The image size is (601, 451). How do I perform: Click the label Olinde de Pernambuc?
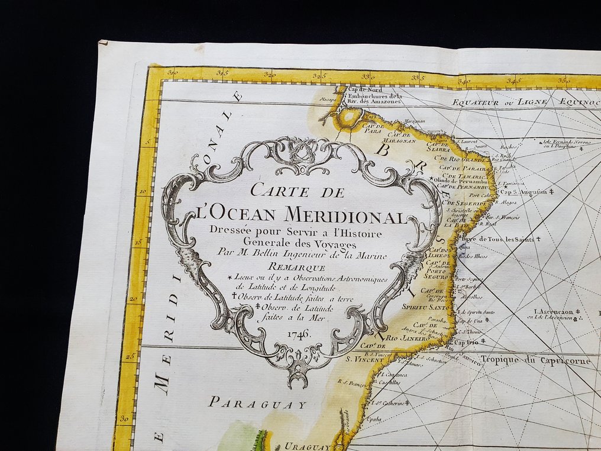coord(466,180)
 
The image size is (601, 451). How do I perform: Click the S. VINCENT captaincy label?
coord(366,359)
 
